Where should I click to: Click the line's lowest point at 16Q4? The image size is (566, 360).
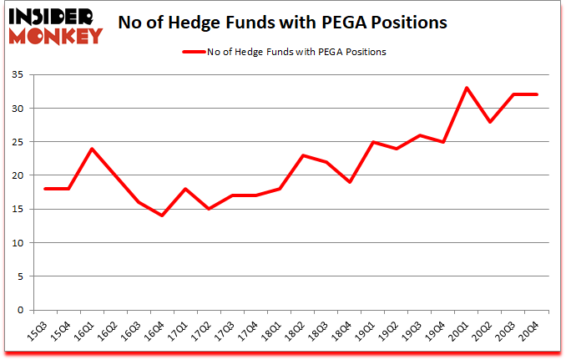point(162,215)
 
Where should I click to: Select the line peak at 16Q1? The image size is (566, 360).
point(91,149)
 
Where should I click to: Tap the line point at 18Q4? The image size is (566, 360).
point(350,182)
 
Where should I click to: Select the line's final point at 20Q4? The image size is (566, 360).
point(537,94)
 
